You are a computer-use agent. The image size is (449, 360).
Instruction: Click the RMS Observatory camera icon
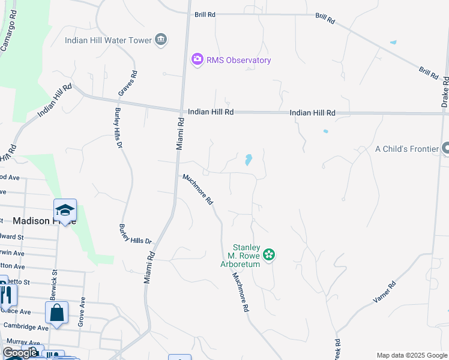[x=197, y=60]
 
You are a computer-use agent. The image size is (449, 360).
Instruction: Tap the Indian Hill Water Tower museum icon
[x=160, y=40]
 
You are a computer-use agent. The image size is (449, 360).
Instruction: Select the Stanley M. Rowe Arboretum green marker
[x=269, y=255]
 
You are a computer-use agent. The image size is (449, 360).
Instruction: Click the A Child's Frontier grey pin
[x=445, y=148]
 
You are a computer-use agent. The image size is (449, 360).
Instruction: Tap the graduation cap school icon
[x=65, y=211]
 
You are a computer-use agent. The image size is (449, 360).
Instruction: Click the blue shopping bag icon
[x=56, y=313]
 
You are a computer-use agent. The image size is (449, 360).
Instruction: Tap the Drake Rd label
[x=445, y=92]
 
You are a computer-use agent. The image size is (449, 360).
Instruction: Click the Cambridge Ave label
[x=26, y=327]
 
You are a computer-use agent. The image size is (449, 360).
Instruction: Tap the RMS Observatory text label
[x=239, y=60]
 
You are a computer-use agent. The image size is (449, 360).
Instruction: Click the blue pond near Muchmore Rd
[x=248, y=160]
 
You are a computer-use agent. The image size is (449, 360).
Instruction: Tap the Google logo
[x=20, y=353]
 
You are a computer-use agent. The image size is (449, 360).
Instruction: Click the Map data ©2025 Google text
[x=411, y=355]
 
